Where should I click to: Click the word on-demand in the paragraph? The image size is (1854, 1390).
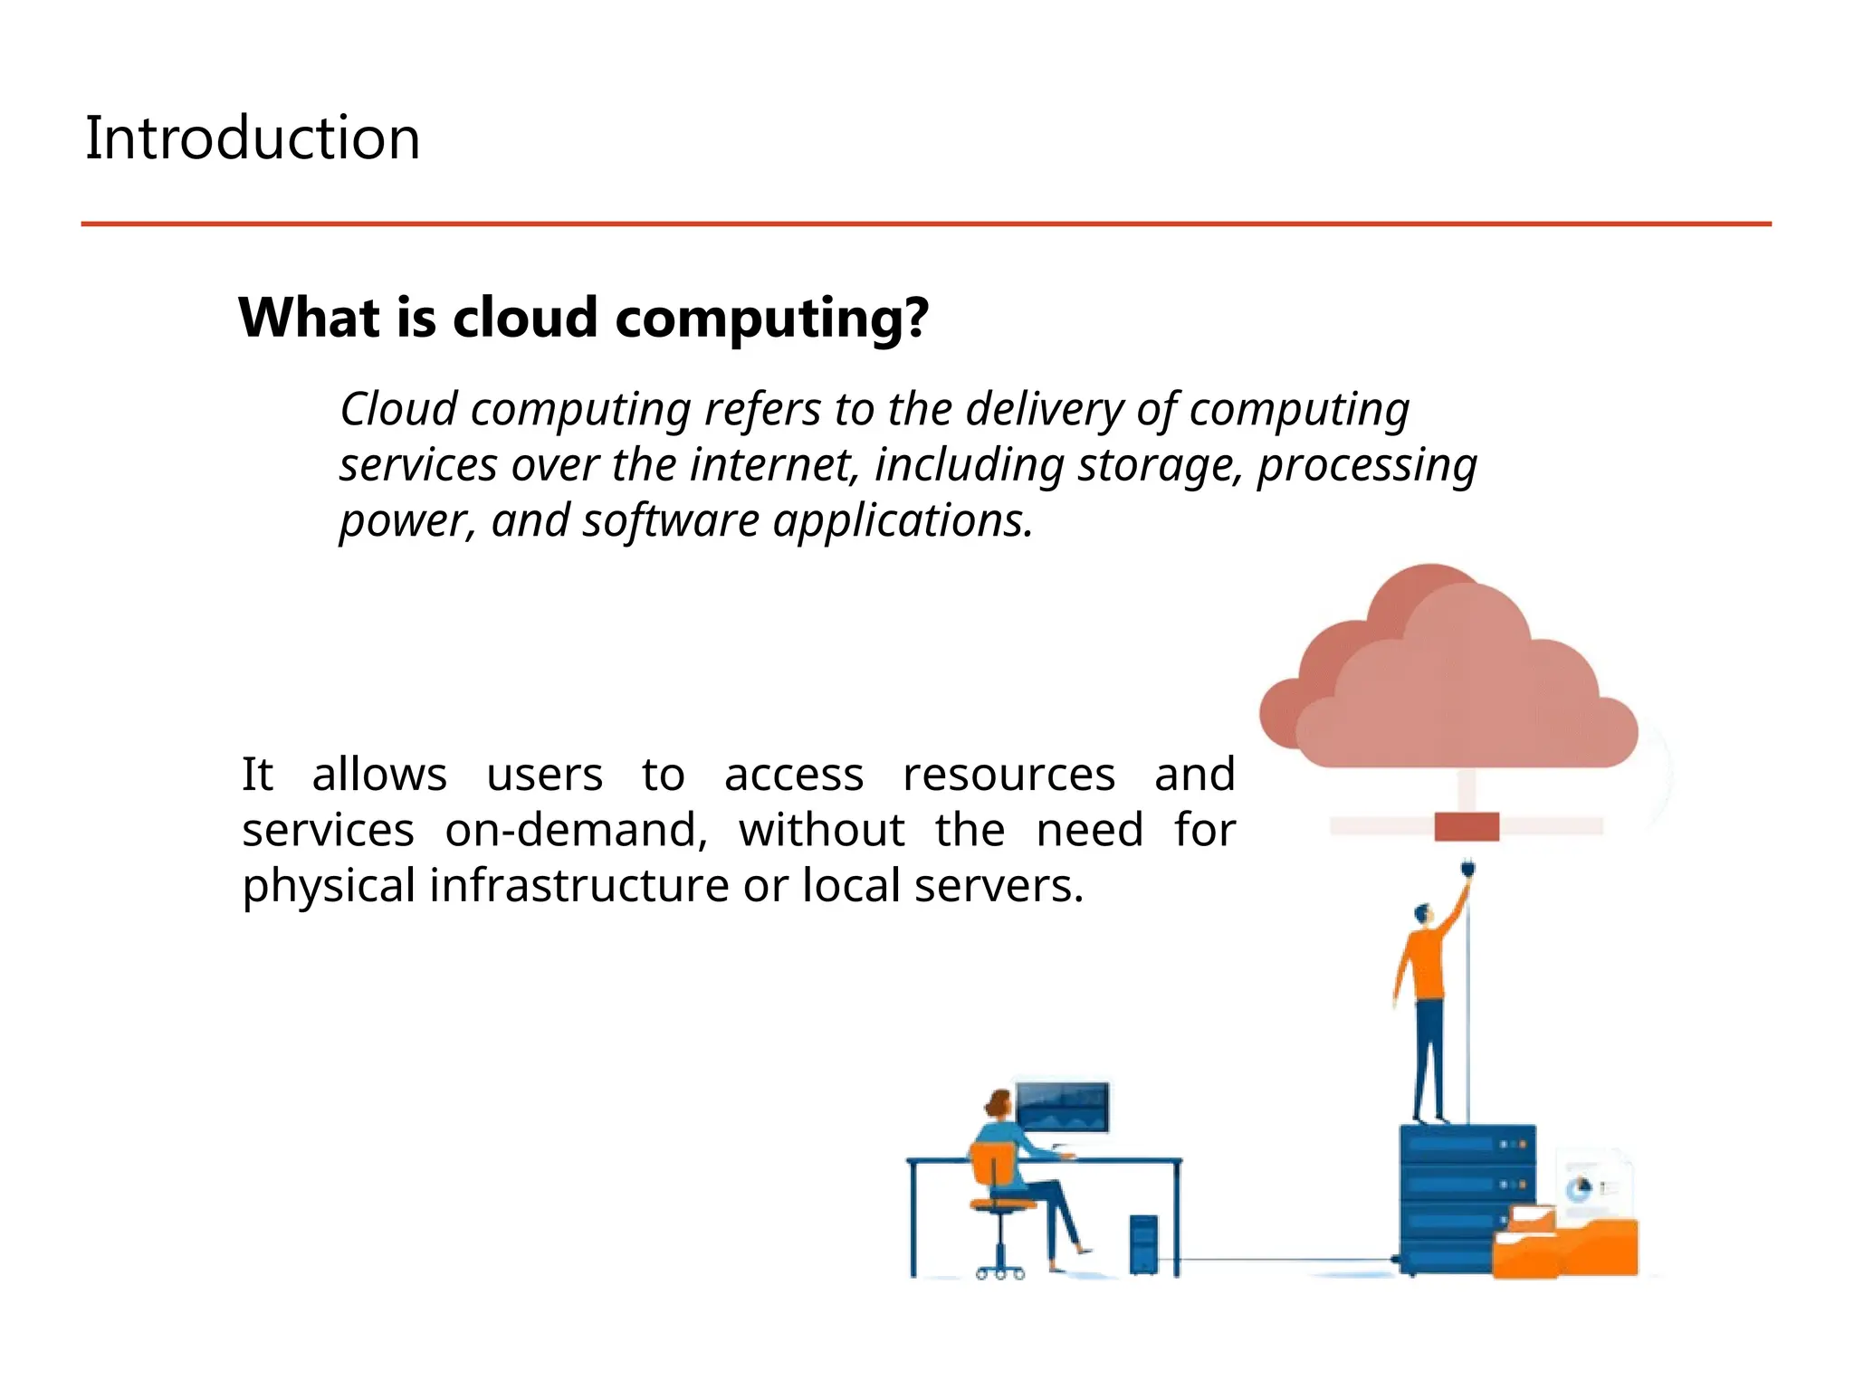point(576,830)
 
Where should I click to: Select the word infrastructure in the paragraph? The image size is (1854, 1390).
point(578,885)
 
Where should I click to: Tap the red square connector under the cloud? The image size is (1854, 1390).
point(1467,826)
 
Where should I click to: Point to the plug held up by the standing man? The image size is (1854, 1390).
point(1467,871)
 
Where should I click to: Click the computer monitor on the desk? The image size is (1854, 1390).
point(1062,1106)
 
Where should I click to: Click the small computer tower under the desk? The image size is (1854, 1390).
point(1143,1244)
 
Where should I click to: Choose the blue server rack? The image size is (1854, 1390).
point(1453,1195)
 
